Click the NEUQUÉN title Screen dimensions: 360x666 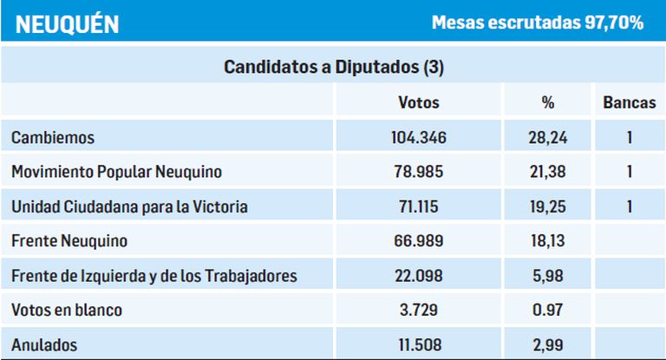pyautogui.click(x=67, y=23)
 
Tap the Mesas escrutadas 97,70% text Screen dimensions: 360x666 pyautogui.click(x=538, y=23)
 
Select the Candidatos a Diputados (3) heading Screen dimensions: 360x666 pyautogui.click(x=334, y=67)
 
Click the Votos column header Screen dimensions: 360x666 pyautogui.click(x=419, y=102)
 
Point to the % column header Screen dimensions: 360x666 pyautogui.click(x=547, y=102)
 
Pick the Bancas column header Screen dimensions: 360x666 pyautogui.click(x=629, y=102)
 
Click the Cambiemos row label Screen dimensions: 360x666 pyautogui.click(x=53, y=137)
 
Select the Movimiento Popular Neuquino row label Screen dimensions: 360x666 pyautogui.click(x=117, y=172)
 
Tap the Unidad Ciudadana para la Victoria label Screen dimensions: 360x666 pyautogui.click(x=130, y=206)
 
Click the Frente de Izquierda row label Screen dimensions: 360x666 pyautogui.click(x=154, y=276)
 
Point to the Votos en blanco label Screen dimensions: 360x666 pyautogui.click(x=67, y=311)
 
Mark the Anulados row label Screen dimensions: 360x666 pyautogui.click(x=44, y=345)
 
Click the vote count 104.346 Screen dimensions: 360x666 pyautogui.click(x=419, y=137)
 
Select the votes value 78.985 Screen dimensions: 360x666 pyautogui.click(x=419, y=172)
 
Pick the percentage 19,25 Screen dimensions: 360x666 pyautogui.click(x=547, y=206)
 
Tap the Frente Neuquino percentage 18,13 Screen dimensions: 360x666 pyautogui.click(x=547, y=241)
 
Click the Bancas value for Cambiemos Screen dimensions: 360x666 pyautogui.click(x=629, y=137)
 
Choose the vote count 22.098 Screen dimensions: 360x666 pyautogui.click(x=419, y=276)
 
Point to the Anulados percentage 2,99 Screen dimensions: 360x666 pyautogui.click(x=547, y=345)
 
